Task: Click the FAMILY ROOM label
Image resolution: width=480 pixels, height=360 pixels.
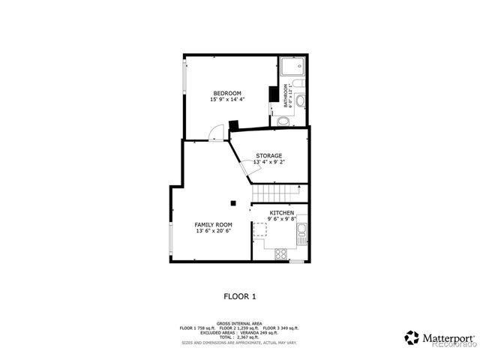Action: [x=213, y=225]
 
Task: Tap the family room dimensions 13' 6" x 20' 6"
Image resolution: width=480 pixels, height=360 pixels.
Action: [x=213, y=232]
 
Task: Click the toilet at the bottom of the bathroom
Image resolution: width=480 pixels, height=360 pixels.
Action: [x=283, y=121]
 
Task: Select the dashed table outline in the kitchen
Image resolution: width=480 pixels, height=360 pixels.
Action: [x=261, y=229]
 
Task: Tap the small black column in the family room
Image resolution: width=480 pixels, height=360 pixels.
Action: [x=232, y=202]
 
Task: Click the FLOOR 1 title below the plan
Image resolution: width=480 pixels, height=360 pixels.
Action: [x=240, y=296]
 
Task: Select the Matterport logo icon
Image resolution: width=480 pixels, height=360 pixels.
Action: [x=412, y=337]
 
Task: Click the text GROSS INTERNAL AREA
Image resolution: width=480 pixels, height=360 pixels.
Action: [x=239, y=322]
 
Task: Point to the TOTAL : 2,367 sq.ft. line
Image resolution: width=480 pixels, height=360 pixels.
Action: [x=239, y=337]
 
